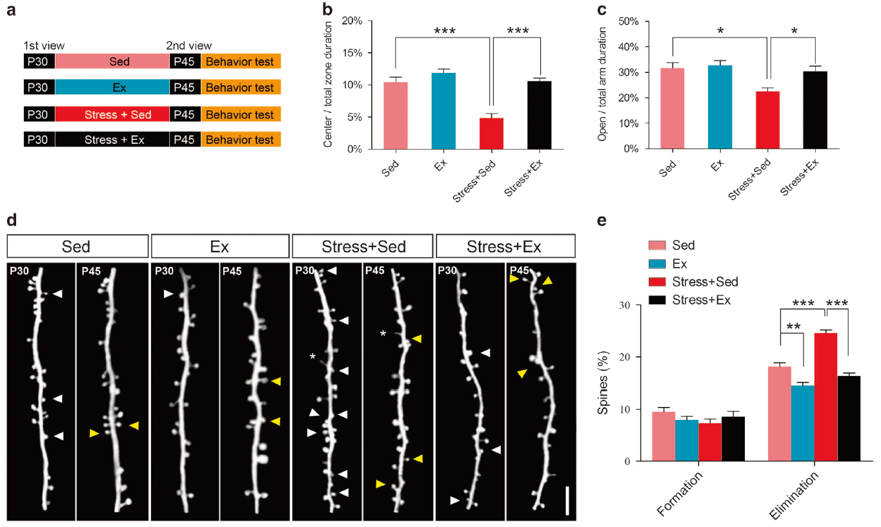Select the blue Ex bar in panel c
pyautogui.click(x=719, y=106)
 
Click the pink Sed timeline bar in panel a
pyautogui.click(x=112, y=62)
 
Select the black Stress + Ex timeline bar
pyautogui.click(x=112, y=140)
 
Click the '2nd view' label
pyautogui.click(x=188, y=46)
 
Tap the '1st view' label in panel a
pyautogui.click(x=44, y=46)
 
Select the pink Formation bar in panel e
pyautogui.click(x=663, y=436)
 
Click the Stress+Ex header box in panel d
pyautogui.click(x=505, y=246)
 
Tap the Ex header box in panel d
pyautogui.click(x=219, y=246)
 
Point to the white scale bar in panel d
pyautogui.click(x=567, y=501)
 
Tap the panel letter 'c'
pyautogui.click(x=602, y=11)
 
